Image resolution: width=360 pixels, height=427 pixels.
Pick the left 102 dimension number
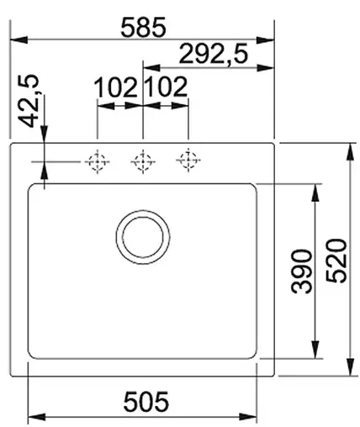tap(116, 87)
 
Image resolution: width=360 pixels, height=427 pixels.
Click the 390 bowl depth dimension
tap(302, 271)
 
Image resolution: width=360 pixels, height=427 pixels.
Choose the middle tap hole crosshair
tap(142, 160)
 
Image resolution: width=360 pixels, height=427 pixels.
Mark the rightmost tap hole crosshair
tap(187, 160)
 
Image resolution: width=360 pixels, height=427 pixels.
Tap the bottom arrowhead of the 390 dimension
tap(315, 353)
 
